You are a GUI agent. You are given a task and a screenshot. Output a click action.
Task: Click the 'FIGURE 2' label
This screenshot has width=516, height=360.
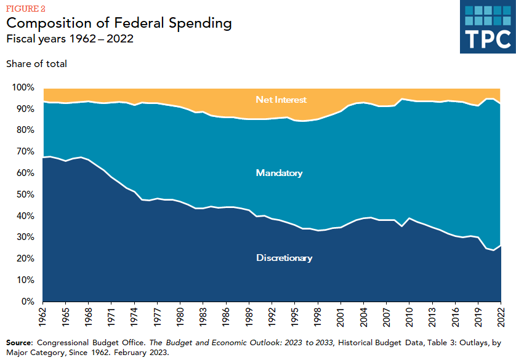pos(26,8)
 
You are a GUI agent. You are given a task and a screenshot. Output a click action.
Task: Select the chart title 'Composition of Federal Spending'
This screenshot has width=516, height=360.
pos(119,23)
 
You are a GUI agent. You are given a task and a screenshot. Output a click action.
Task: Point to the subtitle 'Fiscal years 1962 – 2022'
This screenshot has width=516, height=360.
pos(70,39)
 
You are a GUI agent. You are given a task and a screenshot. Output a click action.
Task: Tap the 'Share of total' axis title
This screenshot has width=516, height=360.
pos(36,63)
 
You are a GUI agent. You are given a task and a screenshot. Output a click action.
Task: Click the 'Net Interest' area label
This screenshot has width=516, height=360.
pos(281,99)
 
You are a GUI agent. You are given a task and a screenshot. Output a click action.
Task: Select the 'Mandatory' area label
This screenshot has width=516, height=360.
pos(279,173)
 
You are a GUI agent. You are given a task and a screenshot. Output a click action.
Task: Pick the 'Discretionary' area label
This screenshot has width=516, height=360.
pos(284,258)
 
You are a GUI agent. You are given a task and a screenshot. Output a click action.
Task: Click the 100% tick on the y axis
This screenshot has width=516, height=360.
pos(23,87)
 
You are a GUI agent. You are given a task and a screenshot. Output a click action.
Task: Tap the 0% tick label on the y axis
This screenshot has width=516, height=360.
pos(28,302)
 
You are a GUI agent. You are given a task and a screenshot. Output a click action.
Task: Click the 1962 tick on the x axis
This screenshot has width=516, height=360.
pos(43,318)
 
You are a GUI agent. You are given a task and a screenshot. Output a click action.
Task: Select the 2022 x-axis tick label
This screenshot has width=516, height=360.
pos(500,318)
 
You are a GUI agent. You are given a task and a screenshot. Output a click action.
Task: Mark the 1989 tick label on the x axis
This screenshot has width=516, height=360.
pos(249,318)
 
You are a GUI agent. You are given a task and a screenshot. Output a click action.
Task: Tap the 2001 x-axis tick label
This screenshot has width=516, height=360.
pos(340,318)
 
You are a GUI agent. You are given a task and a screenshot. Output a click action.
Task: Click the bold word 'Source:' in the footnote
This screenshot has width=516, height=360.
pos(20,342)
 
